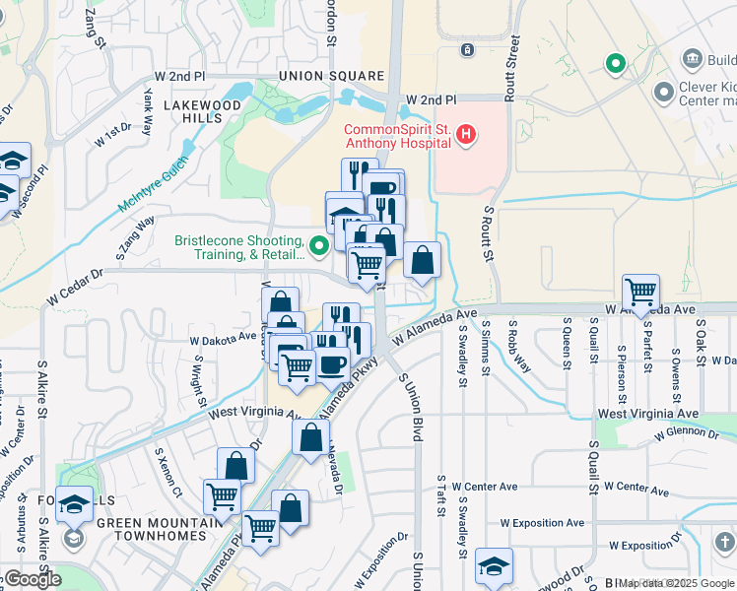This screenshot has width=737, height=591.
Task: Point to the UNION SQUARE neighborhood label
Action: [x=331, y=76]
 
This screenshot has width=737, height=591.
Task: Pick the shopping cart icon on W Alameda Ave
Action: [x=641, y=292]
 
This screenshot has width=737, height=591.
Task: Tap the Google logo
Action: [x=33, y=579]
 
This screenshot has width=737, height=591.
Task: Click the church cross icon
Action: [x=725, y=542]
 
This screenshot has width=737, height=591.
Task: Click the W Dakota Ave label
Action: [x=223, y=338]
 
